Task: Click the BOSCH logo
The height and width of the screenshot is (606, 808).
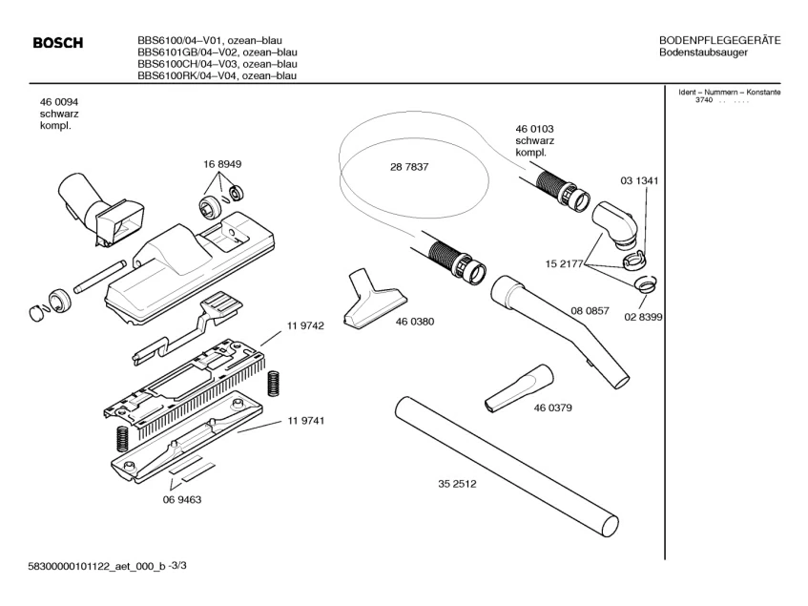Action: [x=58, y=43]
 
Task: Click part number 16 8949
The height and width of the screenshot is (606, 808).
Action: [x=221, y=164]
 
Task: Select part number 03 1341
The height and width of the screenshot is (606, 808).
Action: [x=639, y=180]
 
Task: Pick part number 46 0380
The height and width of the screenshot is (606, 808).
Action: [x=415, y=322]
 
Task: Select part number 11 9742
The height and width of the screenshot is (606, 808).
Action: [x=305, y=325]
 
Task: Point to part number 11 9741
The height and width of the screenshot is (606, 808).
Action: [x=305, y=421]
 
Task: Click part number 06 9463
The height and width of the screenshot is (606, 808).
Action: [x=181, y=498]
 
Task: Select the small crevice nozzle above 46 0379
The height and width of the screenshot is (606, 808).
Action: [x=516, y=387]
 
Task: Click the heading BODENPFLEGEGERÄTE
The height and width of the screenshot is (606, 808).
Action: [x=720, y=39]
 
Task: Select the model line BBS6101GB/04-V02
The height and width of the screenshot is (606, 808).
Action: [x=217, y=52]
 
